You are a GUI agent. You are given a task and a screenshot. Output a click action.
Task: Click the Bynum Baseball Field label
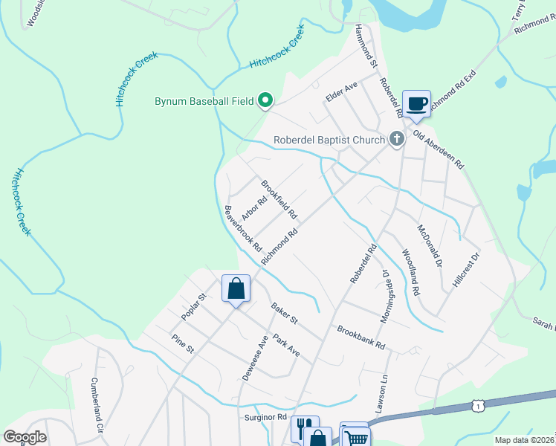click(x=203, y=100)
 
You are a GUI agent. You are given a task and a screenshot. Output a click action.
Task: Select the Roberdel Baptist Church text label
click(x=329, y=139)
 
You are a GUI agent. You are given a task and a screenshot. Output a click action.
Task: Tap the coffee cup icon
click(x=416, y=103)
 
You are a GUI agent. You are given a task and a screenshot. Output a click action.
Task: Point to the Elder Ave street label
click(x=341, y=92)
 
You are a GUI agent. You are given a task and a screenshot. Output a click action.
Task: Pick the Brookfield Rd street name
click(x=279, y=198)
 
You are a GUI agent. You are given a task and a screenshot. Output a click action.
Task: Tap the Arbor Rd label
click(x=254, y=208)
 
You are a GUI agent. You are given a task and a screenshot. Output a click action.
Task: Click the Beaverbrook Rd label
click(x=244, y=227)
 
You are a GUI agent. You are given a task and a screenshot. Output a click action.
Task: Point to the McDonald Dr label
click(x=430, y=246)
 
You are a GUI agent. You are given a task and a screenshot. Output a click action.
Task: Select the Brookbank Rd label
click(x=361, y=337)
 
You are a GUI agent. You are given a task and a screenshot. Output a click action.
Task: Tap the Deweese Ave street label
click(x=254, y=358)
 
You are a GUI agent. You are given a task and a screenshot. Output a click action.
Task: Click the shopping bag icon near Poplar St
click(x=236, y=288)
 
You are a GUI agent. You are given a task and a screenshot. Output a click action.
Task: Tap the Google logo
click(x=25, y=436)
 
